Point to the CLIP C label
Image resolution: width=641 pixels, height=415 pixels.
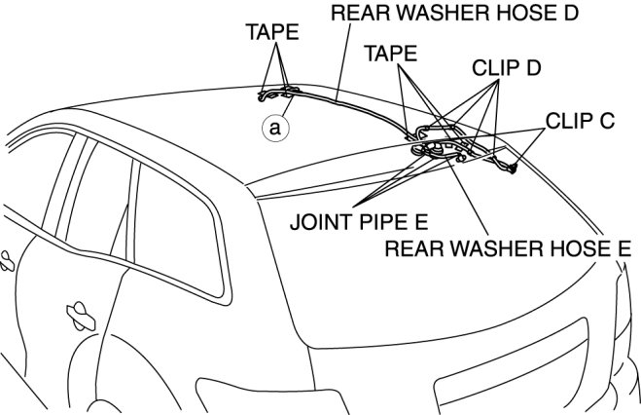click(x=579, y=122)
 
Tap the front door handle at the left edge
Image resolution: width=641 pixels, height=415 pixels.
click(x=6, y=259)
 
